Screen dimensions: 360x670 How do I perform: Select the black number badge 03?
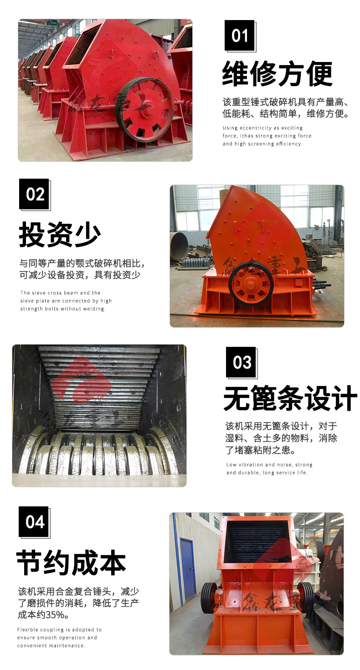[241, 362]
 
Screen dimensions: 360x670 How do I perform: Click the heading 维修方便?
[277, 73]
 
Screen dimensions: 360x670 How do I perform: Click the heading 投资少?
[60, 234]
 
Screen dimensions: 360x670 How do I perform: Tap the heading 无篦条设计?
[290, 398]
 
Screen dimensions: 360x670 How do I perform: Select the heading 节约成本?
[71, 562]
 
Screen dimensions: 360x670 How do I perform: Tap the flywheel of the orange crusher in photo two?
[251, 284]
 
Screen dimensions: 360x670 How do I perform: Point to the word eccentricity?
[256, 128]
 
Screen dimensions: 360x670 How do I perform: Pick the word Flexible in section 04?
[27, 630]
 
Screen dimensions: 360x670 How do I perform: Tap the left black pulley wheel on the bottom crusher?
[208, 598]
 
